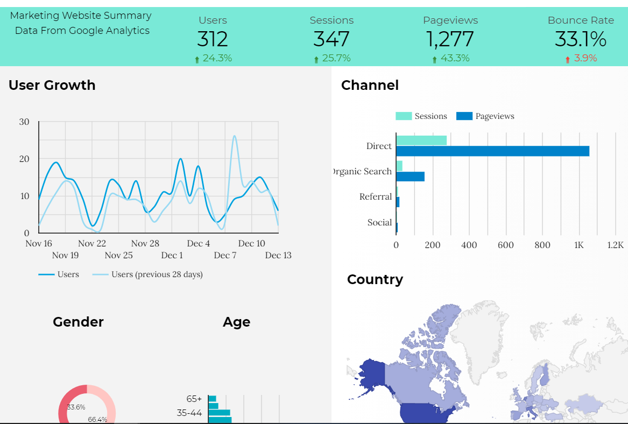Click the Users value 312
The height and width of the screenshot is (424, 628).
pyautogui.click(x=213, y=39)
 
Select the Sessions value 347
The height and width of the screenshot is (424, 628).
pyautogui.click(x=331, y=39)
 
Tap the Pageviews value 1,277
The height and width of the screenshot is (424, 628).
pyautogui.click(x=450, y=39)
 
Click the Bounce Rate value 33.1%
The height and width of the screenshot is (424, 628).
pyautogui.click(x=581, y=39)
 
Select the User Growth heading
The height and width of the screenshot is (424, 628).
pyautogui.click(x=52, y=85)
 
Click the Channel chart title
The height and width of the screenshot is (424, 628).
pyautogui.click(x=370, y=85)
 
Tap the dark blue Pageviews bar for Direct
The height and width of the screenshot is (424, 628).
pyautogui.click(x=492, y=151)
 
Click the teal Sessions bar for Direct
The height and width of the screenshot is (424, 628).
pyautogui.click(x=421, y=140)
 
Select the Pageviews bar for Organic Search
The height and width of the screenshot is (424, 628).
pyautogui.click(x=410, y=176)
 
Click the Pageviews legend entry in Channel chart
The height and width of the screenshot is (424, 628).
pyautogui.click(x=486, y=116)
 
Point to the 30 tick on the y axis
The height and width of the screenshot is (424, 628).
pyautogui.click(x=24, y=122)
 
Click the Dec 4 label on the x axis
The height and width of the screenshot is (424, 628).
pyautogui.click(x=198, y=244)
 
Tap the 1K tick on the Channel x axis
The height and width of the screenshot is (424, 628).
pyautogui.click(x=578, y=245)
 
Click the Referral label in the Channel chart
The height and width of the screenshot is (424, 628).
pyautogui.click(x=376, y=197)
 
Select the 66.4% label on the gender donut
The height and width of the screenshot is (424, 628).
pyautogui.click(x=97, y=419)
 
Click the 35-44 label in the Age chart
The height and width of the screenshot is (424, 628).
pyautogui.click(x=189, y=413)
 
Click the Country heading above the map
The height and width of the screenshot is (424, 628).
pyautogui.click(x=375, y=279)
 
